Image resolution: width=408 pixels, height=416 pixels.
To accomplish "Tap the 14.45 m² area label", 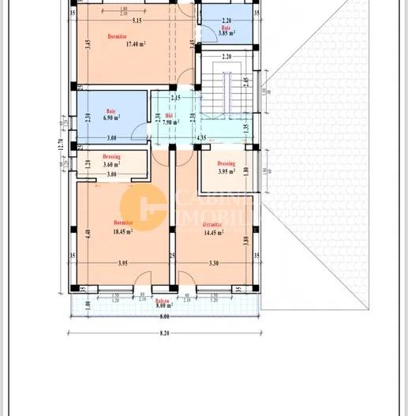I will [213, 233].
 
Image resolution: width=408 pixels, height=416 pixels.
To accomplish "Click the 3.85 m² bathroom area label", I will [227, 33].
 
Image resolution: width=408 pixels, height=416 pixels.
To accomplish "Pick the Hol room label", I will [167, 114].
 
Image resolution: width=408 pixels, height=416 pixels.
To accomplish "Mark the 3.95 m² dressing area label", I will [227, 171].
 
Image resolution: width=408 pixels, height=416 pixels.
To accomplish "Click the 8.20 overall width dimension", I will [164, 334].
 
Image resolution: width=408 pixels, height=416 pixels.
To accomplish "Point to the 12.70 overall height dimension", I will [60, 144].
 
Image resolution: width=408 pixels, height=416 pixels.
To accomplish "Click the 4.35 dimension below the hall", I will [201, 138].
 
